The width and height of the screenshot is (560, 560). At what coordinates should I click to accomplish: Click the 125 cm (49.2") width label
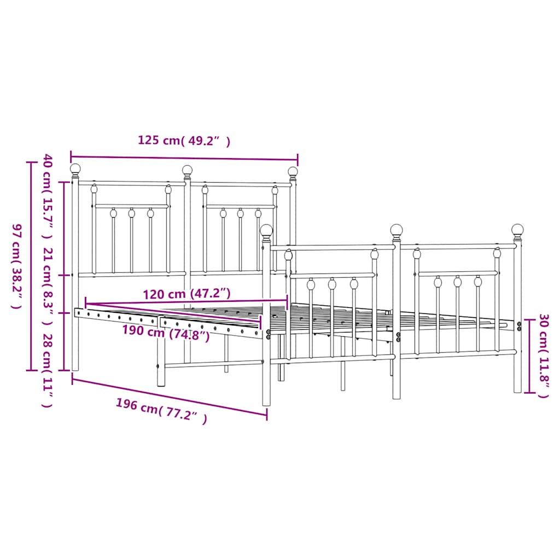(x=184, y=141)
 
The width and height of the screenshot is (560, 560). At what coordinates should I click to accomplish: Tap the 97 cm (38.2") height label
(x=17, y=266)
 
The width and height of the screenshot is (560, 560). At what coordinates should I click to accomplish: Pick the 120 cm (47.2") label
(x=186, y=294)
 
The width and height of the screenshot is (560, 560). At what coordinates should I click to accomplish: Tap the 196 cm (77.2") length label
(x=161, y=412)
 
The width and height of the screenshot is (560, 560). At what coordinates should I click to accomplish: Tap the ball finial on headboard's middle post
(x=187, y=170)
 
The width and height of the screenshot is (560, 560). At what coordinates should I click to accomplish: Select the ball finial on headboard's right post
(x=293, y=172)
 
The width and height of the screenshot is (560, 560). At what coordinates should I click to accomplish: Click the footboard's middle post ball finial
(x=396, y=230)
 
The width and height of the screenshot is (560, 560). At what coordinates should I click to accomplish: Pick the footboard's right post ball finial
(x=517, y=230)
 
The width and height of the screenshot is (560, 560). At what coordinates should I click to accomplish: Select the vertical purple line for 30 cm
(x=529, y=355)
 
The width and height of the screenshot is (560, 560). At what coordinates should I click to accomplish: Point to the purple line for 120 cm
(x=186, y=302)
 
